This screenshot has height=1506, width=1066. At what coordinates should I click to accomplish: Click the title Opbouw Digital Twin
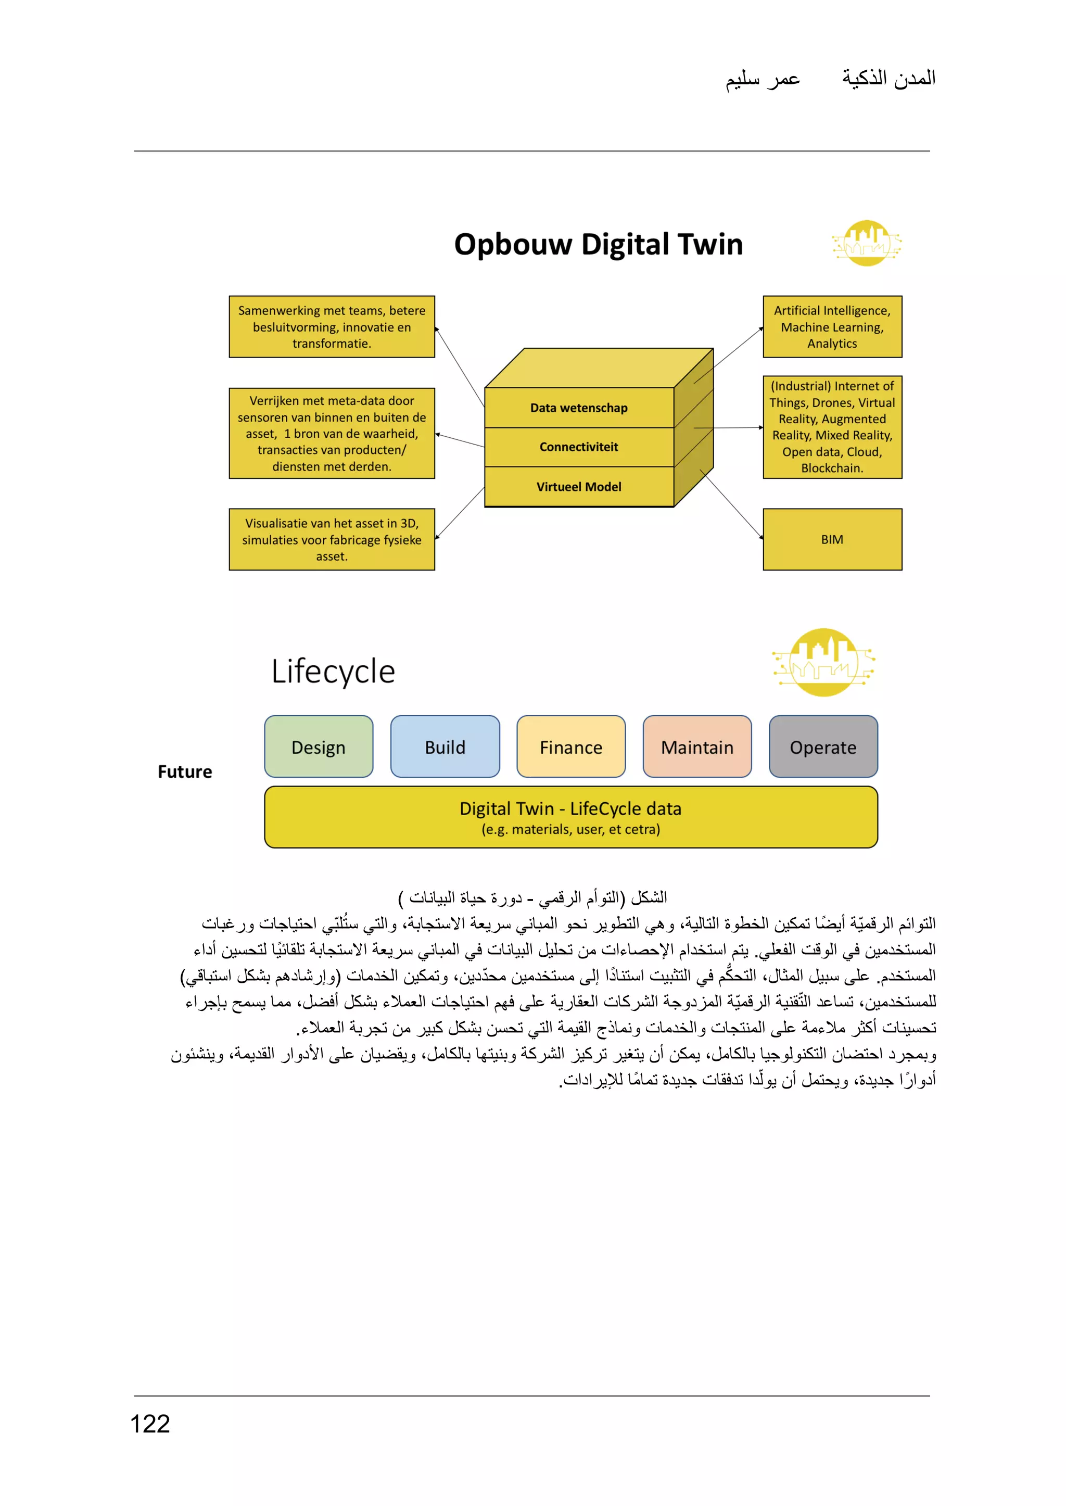pyautogui.click(x=598, y=244)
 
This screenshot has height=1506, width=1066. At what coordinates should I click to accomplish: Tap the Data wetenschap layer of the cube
pyautogui.click(x=578, y=408)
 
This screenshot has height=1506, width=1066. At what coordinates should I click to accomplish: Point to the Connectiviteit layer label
pyautogui.click(x=578, y=447)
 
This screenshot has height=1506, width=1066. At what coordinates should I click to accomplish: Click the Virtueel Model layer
pyautogui.click(x=578, y=486)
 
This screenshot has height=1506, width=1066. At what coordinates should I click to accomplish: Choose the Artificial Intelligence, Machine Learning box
pyautogui.click(x=832, y=326)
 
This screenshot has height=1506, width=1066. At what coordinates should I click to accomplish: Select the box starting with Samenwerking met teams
pyautogui.click(x=332, y=326)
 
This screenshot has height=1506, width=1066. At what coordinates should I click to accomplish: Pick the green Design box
pyautogui.click(x=319, y=746)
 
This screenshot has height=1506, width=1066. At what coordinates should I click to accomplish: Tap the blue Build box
pyautogui.click(x=445, y=746)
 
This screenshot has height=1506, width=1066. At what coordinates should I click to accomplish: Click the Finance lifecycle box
pyautogui.click(x=571, y=746)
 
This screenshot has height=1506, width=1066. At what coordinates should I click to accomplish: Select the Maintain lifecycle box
pyautogui.click(x=697, y=746)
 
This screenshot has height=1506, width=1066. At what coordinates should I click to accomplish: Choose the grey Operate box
pyautogui.click(x=823, y=746)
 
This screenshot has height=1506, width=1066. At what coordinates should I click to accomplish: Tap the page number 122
pyautogui.click(x=150, y=1423)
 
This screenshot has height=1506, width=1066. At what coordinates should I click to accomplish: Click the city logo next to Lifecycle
pyautogui.click(x=824, y=662)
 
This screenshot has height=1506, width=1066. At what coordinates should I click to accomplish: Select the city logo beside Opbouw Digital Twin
pyautogui.click(x=867, y=243)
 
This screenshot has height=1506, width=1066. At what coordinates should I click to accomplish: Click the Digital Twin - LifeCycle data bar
pyautogui.click(x=570, y=817)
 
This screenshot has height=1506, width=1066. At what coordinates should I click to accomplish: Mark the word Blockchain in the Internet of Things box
pyautogui.click(x=831, y=468)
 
